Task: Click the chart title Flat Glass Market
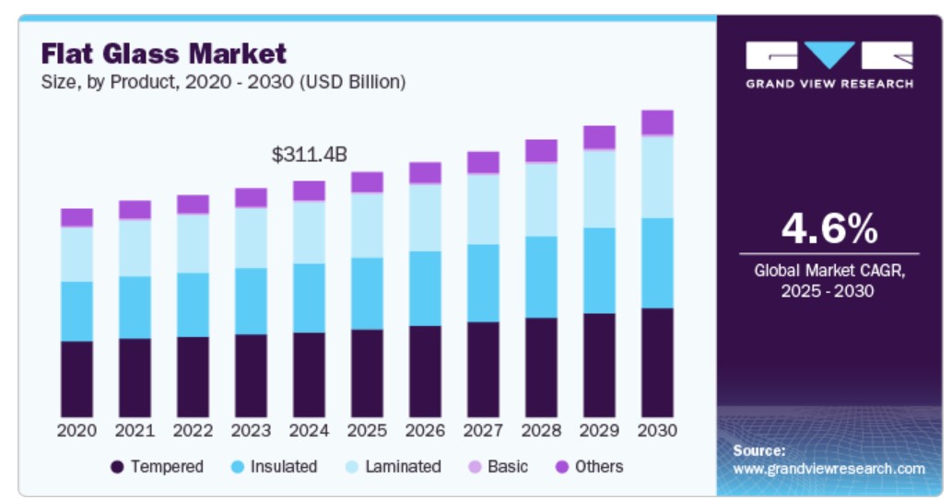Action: [164, 53]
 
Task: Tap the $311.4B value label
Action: [310, 155]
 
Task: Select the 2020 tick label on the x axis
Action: [76, 430]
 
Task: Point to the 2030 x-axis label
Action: [657, 430]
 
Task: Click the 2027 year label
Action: [483, 430]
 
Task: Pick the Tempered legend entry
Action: [157, 467]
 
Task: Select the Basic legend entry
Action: [499, 467]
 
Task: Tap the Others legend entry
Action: [588, 467]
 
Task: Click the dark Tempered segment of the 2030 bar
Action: [657, 362]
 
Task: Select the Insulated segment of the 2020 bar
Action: [76, 311]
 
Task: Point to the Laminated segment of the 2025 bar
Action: [367, 225]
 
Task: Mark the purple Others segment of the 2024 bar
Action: [309, 191]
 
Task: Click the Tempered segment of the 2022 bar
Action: [193, 377]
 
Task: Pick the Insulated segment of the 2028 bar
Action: [541, 277]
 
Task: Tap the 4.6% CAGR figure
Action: [829, 228]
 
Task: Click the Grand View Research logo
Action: [829, 64]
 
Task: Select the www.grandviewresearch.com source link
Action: [829, 469]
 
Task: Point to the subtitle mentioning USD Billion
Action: [223, 82]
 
